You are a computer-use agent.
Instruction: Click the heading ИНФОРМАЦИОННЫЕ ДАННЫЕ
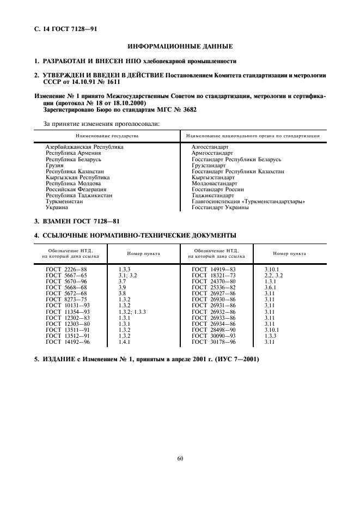click(x=179, y=47)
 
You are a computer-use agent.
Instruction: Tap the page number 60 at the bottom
click(x=180, y=458)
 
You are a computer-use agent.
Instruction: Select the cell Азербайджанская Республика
click(x=84, y=147)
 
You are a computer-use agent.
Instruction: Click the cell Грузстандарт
click(x=209, y=165)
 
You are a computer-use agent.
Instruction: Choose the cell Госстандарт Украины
click(x=220, y=208)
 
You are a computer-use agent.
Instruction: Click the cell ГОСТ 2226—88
click(x=66, y=269)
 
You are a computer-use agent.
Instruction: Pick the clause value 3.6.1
click(x=271, y=287)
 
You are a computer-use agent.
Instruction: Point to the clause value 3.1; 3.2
click(x=127, y=275)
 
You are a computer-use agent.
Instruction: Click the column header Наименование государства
click(x=107, y=135)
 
